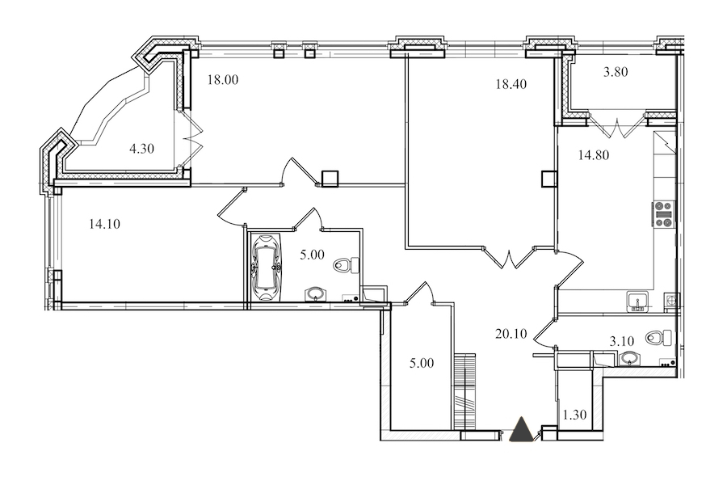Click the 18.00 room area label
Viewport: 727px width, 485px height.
tap(223, 80)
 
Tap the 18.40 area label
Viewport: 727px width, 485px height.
tap(511, 84)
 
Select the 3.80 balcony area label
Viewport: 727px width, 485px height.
tap(616, 72)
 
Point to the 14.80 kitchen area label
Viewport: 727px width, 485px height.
tap(594, 155)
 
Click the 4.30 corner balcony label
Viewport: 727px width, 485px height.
tap(141, 149)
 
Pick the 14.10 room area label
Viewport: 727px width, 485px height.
tap(104, 224)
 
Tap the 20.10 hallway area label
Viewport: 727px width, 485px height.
tap(511, 334)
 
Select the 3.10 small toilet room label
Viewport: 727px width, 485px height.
tap(621, 342)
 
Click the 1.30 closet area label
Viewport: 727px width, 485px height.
tap(574, 415)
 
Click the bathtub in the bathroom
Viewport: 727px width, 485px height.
tap(266, 268)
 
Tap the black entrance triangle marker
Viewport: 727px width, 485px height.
tap(522, 429)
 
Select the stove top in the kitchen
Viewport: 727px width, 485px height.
tap(663, 214)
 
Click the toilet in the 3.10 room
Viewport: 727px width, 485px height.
tap(659, 337)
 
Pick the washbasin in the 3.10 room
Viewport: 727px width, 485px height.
tap(628, 358)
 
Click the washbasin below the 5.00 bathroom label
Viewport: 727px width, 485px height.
tap(316, 294)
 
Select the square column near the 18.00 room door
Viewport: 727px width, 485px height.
tap(330, 179)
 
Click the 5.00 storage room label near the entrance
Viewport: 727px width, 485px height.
tap(422, 363)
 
